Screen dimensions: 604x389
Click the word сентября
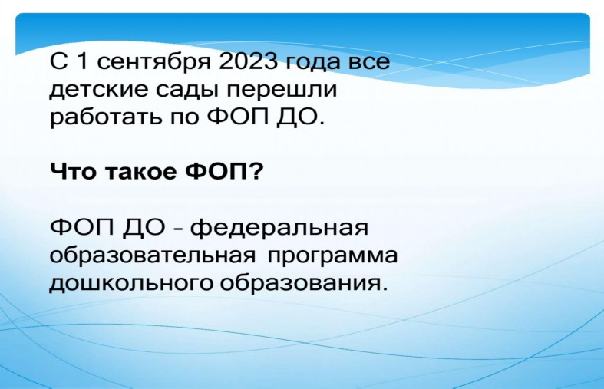click(153, 62)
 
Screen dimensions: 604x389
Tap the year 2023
click(249, 61)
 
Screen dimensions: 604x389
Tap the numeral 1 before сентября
click(82, 61)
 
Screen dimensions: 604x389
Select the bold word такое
click(141, 172)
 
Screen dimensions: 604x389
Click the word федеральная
click(279, 228)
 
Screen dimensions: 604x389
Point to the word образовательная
click(153, 255)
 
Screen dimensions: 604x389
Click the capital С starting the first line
click(59, 61)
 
